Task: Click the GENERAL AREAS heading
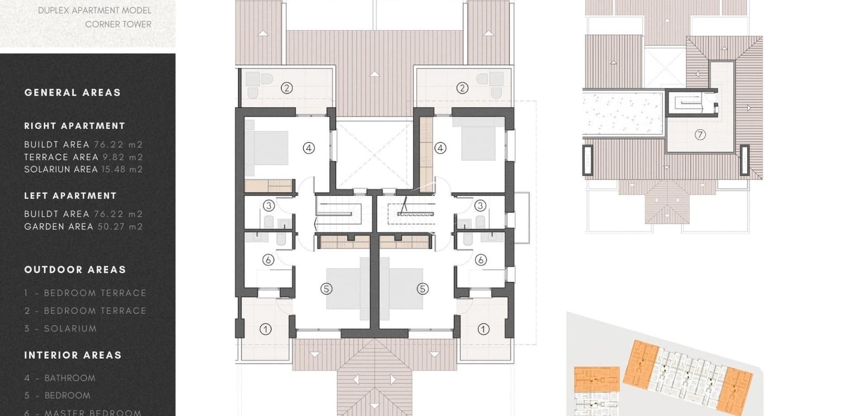72,93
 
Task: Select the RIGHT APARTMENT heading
74,126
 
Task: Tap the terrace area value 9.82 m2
123,157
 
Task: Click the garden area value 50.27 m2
120,227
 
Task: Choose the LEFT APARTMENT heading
70,196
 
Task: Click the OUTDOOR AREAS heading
75,270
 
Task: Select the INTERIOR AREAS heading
73,355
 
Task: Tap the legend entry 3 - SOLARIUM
60,329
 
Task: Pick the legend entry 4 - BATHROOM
60,378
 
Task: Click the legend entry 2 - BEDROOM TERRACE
85,311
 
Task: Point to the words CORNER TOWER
118,24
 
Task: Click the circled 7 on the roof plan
700,135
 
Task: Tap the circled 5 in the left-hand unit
326,289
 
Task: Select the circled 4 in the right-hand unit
441,148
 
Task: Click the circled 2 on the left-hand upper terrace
287,87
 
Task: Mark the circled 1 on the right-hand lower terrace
483,329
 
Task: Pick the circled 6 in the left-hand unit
267,260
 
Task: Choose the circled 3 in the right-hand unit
480,206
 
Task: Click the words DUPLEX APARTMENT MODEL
95,10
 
